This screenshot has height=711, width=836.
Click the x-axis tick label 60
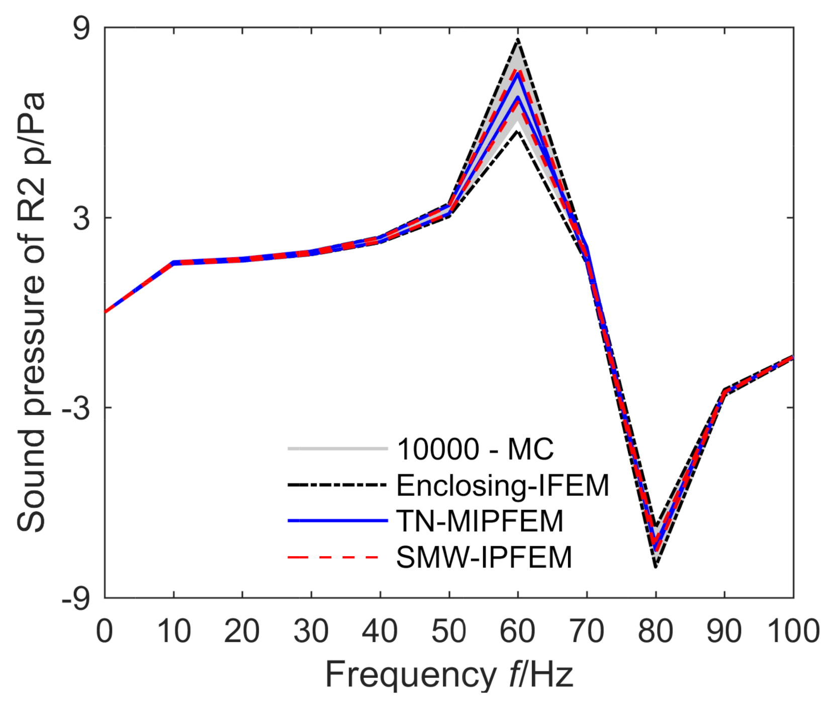(517, 632)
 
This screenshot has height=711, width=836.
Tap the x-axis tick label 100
(793, 632)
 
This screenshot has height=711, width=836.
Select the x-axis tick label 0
(105, 632)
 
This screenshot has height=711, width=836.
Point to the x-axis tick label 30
(311, 632)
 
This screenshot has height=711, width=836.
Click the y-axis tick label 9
(81, 29)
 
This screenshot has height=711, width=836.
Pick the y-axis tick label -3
(76, 408)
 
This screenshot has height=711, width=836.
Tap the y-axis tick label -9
(76, 598)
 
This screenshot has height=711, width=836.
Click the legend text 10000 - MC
(475, 449)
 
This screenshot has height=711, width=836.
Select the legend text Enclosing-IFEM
(503, 485)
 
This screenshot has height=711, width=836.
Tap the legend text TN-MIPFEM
(480, 521)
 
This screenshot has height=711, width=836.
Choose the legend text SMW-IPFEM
(484, 557)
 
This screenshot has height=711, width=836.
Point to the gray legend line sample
(337, 448)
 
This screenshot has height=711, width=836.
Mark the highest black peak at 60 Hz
(518, 39)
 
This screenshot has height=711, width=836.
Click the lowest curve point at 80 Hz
(656, 566)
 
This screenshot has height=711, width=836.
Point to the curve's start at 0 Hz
(106, 312)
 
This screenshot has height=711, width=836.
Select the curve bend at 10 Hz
(173, 263)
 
